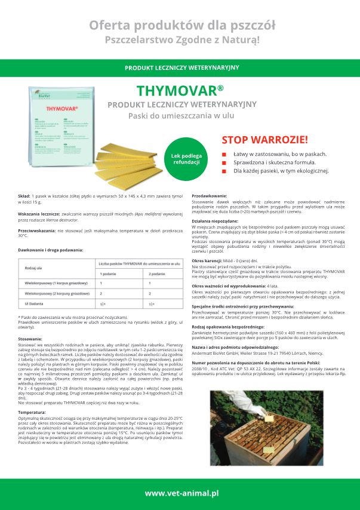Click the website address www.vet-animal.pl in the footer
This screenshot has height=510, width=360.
181,493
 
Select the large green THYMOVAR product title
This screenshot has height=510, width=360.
180,91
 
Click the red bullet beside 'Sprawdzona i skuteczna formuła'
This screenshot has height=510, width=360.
224,162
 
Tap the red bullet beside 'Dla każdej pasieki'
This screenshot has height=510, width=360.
224,171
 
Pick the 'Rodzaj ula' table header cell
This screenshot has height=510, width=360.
34,268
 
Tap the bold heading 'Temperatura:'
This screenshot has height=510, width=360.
32,412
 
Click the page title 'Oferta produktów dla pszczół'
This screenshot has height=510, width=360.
181,24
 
